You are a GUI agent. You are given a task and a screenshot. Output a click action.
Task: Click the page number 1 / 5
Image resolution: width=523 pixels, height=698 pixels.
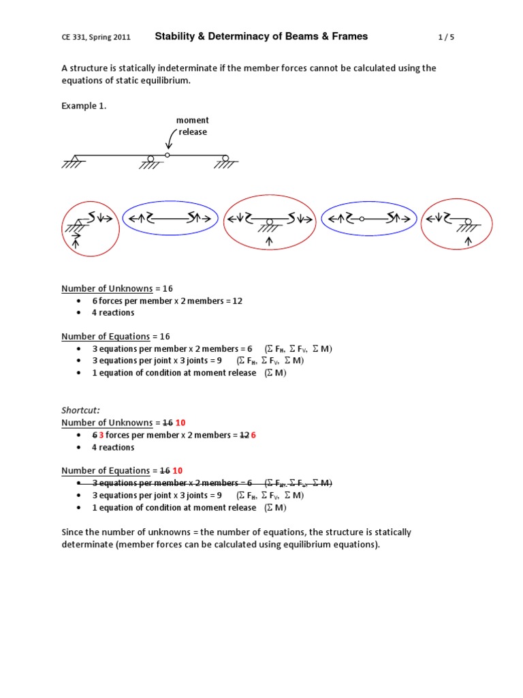[445, 37]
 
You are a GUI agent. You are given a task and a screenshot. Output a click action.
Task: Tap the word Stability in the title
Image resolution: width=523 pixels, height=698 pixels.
[176, 37]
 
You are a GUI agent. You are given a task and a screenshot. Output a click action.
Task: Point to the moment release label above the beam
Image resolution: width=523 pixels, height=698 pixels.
[193, 126]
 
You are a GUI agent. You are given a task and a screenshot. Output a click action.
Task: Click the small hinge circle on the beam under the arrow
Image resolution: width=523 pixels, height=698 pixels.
[168, 155]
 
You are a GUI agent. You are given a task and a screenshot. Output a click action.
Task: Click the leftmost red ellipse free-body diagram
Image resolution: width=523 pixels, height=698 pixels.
[91, 228]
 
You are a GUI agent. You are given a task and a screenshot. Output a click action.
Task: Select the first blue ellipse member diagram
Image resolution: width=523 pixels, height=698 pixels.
[170, 219]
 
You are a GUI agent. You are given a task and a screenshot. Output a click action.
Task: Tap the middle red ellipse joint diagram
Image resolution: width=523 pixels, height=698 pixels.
[270, 222]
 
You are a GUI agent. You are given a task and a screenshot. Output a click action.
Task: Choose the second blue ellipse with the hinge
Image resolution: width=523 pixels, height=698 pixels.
[368, 219]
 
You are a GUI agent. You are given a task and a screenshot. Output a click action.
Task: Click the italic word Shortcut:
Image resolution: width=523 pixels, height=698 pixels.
[80, 410]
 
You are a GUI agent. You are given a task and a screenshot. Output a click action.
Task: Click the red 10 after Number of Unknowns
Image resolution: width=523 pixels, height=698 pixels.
[180, 423]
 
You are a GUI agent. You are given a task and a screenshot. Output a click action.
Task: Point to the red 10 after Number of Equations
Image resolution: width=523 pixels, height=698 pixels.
[178, 471]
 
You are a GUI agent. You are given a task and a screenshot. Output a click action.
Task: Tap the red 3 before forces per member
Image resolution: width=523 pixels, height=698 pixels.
[101, 435]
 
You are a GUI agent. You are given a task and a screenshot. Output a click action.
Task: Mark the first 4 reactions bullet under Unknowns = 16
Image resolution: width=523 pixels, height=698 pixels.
[113, 313]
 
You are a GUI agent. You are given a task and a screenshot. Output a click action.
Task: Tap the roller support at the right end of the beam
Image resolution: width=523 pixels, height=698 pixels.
[225, 161]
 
